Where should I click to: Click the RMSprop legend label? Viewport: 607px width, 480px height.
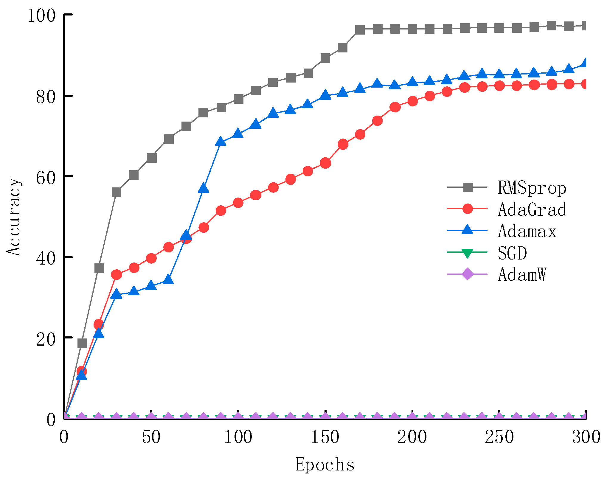[x=532, y=188]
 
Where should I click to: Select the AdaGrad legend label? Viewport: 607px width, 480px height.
[x=532, y=209]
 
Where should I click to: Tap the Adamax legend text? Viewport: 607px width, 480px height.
[x=527, y=231]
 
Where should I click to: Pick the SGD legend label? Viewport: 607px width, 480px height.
[x=512, y=253]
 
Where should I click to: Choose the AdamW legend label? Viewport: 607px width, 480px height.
[x=522, y=274]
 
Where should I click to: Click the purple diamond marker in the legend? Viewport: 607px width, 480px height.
[x=467, y=274]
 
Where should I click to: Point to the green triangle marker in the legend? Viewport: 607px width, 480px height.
[x=467, y=253]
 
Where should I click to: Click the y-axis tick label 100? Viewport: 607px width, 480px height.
[x=41, y=15]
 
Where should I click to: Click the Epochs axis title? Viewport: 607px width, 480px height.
[x=325, y=464]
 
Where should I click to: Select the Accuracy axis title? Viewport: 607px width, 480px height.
[x=14, y=217]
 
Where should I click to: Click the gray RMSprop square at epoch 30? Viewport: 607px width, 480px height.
[x=117, y=192]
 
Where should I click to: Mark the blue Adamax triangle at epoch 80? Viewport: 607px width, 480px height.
[x=203, y=188]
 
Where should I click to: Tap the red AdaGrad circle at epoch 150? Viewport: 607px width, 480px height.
[x=325, y=163]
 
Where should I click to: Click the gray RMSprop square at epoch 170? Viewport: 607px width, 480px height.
[x=360, y=29]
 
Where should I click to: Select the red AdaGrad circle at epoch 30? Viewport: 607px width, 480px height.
[x=117, y=274]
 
